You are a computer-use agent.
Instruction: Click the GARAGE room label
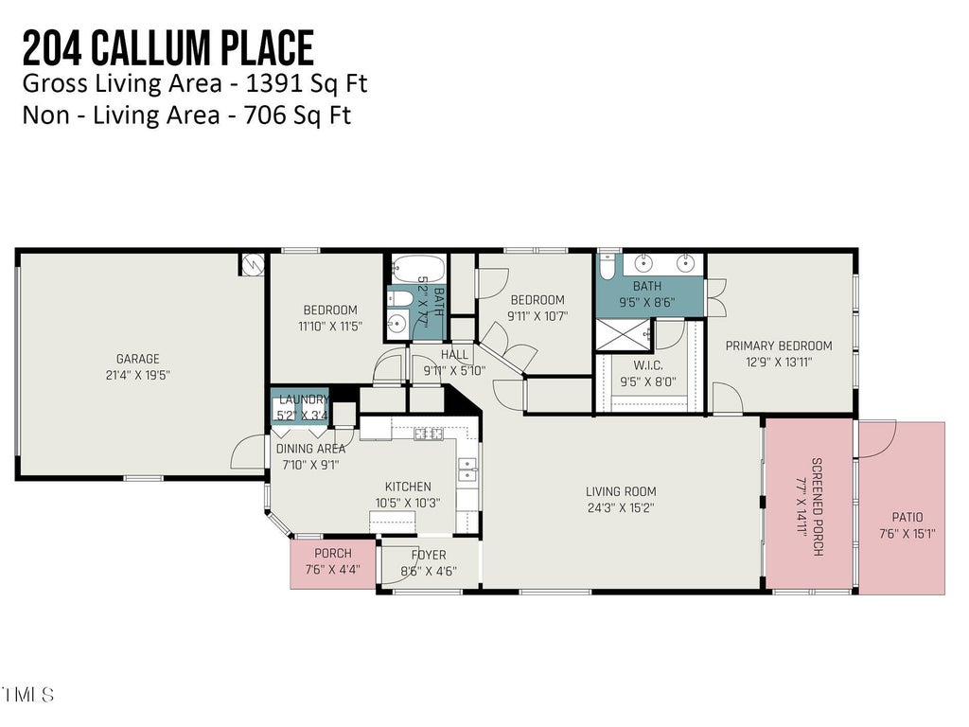(x=138, y=359)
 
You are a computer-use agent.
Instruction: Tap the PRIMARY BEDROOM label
(x=779, y=346)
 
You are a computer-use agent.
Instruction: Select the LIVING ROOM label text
(x=621, y=491)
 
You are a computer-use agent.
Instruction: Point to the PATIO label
(x=907, y=517)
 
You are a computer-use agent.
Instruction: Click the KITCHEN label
(x=408, y=487)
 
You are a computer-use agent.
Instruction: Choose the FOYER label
(x=429, y=555)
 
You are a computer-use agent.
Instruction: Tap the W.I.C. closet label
(x=648, y=365)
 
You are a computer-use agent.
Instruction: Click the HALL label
(x=454, y=355)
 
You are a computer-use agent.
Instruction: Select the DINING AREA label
(x=310, y=449)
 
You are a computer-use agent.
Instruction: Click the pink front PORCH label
(x=333, y=553)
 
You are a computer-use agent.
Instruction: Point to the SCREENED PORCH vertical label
(x=817, y=507)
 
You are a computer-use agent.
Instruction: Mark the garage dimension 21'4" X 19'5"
(x=138, y=375)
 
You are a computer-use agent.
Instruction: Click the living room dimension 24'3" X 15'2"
(x=621, y=508)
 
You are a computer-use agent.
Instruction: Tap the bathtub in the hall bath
(x=418, y=268)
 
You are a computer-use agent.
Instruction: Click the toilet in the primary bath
(x=607, y=266)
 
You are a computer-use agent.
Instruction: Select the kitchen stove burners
(x=429, y=434)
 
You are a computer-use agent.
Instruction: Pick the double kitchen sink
(x=467, y=470)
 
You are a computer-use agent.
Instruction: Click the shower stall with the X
(x=625, y=334)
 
